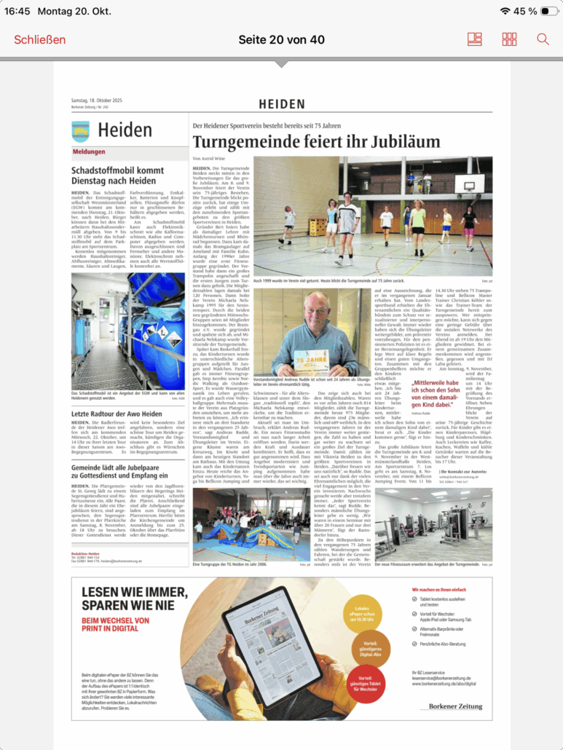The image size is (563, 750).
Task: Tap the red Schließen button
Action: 39,39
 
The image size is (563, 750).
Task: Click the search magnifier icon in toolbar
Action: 543,39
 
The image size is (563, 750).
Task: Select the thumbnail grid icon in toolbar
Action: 509,39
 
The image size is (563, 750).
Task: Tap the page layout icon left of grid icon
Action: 475,39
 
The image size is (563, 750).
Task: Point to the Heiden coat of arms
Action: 80,131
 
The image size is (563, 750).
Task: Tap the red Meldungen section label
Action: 89,152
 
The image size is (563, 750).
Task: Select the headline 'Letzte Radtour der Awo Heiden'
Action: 116,414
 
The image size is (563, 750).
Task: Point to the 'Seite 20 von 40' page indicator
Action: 281,39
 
